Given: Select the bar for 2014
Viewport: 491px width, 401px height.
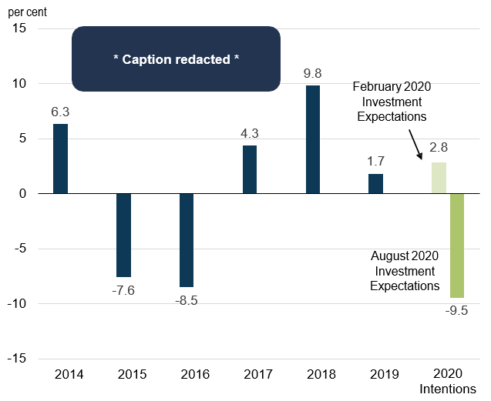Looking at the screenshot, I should tap(60, 159).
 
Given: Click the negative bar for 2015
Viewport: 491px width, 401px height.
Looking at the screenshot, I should tap(123, 235).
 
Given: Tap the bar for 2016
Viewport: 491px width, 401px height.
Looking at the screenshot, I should tap(187, 240).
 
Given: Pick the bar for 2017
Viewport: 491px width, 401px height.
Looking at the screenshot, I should tap(250, 169).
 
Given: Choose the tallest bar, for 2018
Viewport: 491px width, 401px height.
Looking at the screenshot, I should tap(313, 139).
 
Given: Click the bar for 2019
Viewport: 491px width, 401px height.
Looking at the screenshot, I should tap(376, 184).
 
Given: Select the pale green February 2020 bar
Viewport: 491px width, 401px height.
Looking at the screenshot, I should tap(438, 178).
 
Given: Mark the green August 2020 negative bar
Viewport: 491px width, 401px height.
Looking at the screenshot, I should tap(456, 246).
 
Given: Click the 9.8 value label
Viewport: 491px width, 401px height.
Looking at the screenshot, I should tap(313, 74).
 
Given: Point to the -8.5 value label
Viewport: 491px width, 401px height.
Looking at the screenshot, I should tap(186, 300).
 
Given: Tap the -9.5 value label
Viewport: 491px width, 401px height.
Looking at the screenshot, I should tap(457, 312).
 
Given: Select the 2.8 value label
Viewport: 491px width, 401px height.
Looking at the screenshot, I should tap(439, 151).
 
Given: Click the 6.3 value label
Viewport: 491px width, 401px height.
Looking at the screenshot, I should tap(60, 112).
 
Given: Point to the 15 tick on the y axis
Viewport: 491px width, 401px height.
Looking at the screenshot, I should tap(19, 28).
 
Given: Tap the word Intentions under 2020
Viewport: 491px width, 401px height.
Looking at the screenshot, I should tap(448, 389).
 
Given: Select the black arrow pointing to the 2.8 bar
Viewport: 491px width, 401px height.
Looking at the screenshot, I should tap(415, 145).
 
